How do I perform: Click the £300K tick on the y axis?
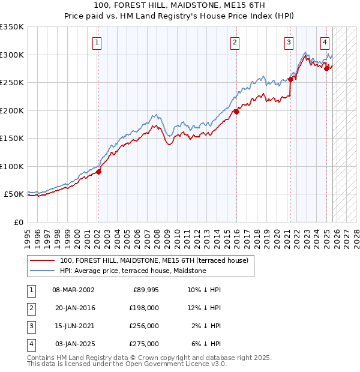tap(12, 55)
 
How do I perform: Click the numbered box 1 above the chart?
tap(97, 42)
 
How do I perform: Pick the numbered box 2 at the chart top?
tap(234, 42)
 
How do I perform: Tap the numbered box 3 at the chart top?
tap(289, 42)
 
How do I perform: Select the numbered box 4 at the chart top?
tap(324, 42)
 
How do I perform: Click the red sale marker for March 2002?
tap(99, 172)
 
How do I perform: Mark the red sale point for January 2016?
tap(236, 112)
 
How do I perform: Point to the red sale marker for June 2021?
tap(290, 79)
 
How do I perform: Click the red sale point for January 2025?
tap(326, 68)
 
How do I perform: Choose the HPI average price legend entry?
tap(133, 271)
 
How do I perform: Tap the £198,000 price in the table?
tap(143, 308)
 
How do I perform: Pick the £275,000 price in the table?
tap(143, 344)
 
